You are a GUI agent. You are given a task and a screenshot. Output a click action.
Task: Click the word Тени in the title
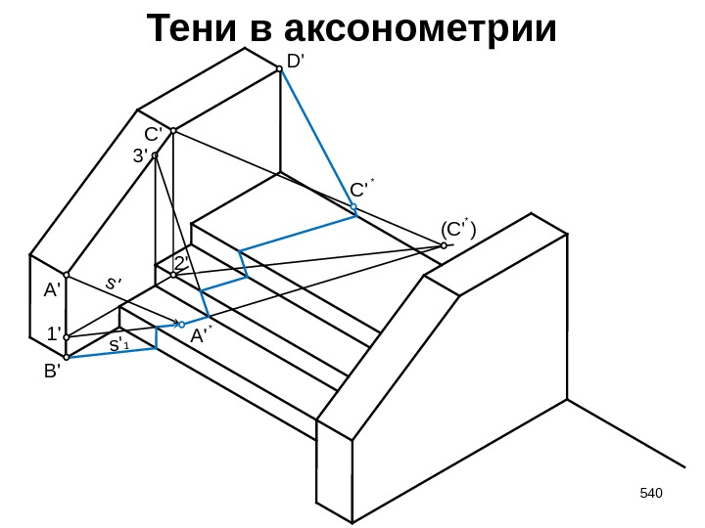pos(191,30)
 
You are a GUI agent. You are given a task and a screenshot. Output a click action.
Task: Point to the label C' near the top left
pos(155,134)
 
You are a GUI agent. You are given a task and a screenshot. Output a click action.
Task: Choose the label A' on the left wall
pos(51,289)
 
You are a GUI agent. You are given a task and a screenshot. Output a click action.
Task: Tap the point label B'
pos(51,373)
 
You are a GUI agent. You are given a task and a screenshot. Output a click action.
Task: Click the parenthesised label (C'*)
pos(457,230)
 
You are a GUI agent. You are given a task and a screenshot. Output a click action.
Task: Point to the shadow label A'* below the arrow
pos(202,335)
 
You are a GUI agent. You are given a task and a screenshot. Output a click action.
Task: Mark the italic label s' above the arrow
pos(114,284)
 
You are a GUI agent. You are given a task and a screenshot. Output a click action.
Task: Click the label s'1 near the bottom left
pos(118,346)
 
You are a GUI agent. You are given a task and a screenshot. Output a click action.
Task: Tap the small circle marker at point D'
pos(280,68)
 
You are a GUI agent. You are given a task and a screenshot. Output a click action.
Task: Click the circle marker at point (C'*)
pos(444,246)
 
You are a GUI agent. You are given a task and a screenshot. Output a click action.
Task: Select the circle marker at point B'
pos(67,358)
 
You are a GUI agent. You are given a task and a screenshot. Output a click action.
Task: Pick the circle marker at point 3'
pos(155,154)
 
